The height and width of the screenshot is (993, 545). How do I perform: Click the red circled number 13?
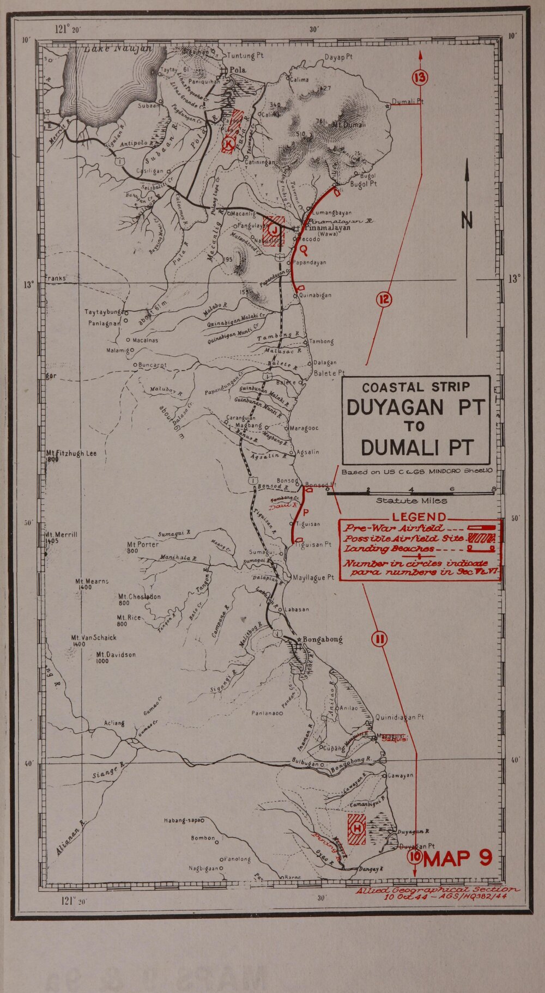click(420, 78)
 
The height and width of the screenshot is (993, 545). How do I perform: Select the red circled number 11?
click(379, 639)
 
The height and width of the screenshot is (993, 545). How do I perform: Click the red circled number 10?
click(414, 857)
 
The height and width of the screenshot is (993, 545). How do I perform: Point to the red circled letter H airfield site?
click(357, 828)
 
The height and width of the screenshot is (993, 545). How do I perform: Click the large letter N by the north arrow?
click(467, 220)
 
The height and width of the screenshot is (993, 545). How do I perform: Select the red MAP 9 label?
click(458, 858)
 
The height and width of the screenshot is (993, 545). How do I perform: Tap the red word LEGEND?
click(419, 517)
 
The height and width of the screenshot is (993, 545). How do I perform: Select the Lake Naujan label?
click(117, 49)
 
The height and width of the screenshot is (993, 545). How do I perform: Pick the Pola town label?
click(238, 70)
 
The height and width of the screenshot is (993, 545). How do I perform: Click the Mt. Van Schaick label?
click(93, 637)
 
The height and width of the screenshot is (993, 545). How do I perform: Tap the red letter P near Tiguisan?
click(306, 512)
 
